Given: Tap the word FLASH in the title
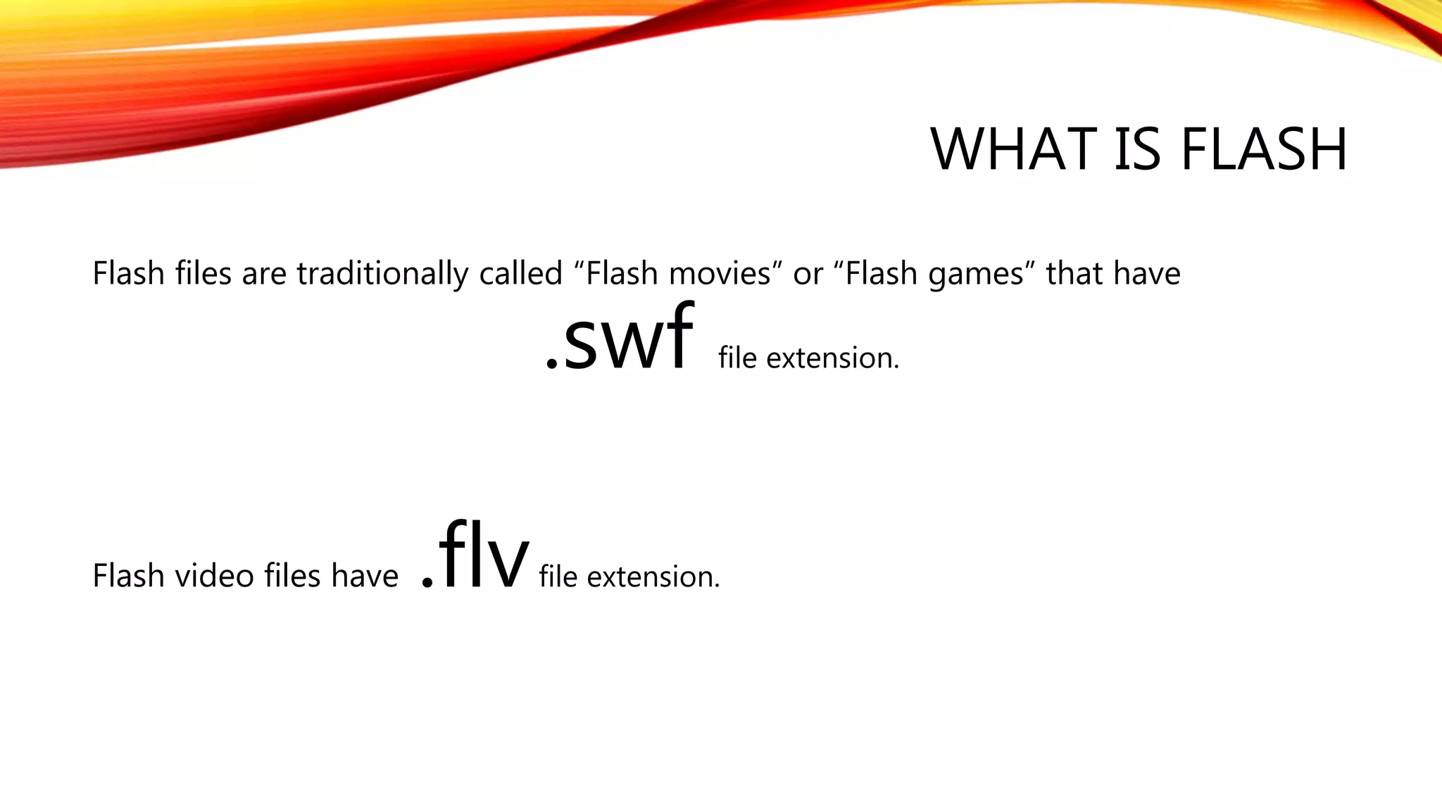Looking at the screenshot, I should [x=1264, y=149].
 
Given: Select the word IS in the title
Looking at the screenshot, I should [x=1137, y=149].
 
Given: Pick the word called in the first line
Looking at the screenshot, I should [x=520, y=273].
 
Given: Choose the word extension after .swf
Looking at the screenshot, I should [x=832, y=358].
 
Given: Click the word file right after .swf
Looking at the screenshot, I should [x=737, y=358].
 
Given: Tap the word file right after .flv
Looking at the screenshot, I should [x=558, y=577].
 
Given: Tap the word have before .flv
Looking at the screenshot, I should [x=365, y=576].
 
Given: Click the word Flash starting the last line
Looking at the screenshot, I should [x=128, y=576].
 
